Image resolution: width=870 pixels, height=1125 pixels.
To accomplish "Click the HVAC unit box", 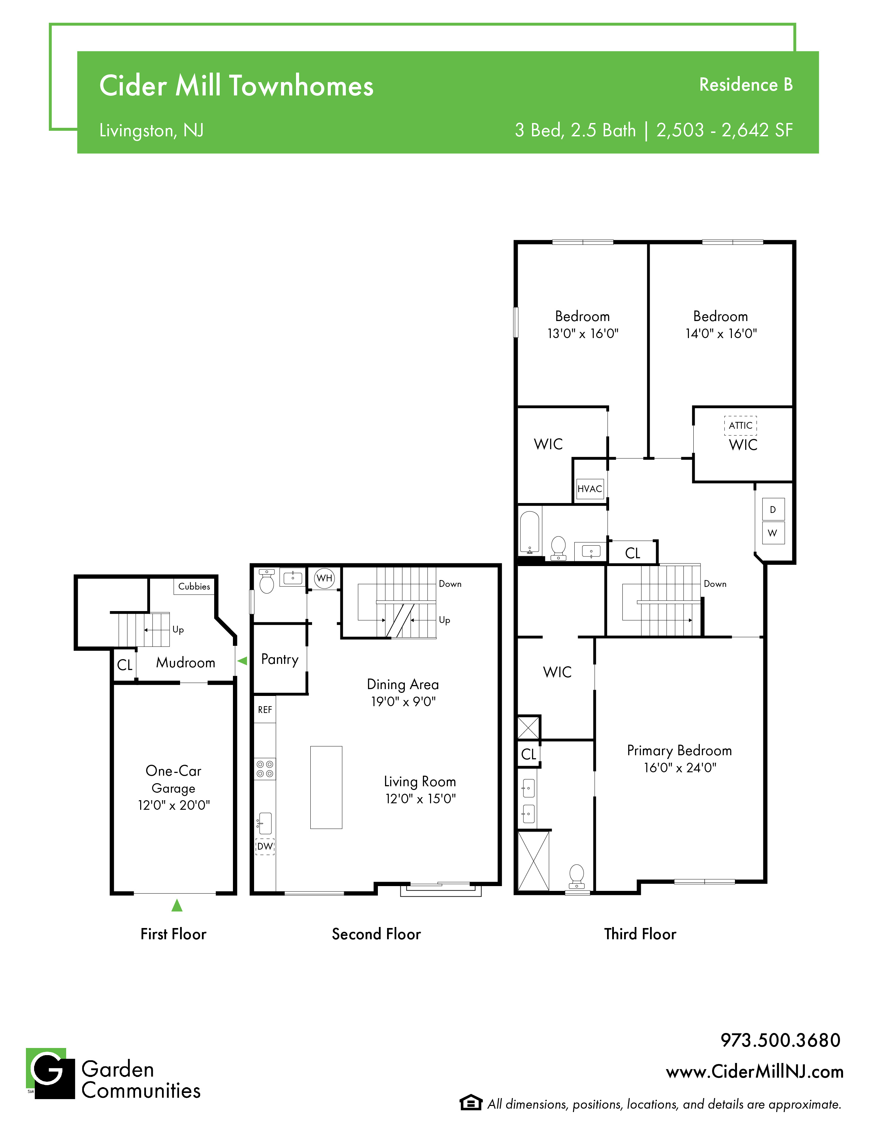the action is pos(590,488).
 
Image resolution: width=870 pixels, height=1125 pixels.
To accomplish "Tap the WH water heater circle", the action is pos(324,578).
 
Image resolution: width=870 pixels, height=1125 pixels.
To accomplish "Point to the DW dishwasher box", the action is pos(265,846).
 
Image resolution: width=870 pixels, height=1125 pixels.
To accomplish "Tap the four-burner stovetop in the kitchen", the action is pos(265,769).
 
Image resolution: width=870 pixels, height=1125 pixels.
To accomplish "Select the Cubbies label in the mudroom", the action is pos(194,586).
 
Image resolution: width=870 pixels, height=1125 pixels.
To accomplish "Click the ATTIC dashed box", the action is pos(741,425).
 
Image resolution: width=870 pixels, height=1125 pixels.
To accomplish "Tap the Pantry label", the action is pos(280,659).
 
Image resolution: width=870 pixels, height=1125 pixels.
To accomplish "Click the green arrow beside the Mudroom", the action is pos(242,661).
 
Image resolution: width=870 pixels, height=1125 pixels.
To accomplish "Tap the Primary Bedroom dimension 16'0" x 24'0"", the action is pos(680,767).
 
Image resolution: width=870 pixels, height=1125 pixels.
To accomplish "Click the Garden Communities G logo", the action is pos(50,1073).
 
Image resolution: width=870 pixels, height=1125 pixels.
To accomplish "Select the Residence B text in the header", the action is pos(746,85).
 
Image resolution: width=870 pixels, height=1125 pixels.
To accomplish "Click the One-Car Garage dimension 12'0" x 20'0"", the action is pos(174,805).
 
